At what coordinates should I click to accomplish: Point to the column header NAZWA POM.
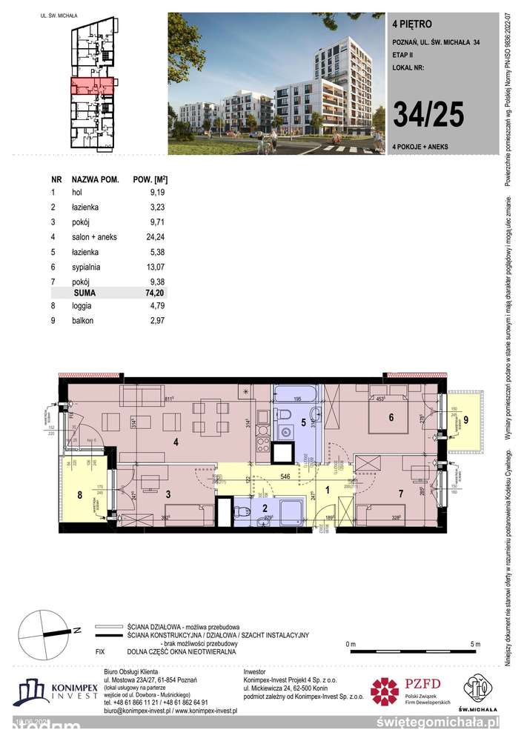96,179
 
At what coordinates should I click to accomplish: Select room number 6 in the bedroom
390,417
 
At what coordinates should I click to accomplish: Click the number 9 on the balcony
467,420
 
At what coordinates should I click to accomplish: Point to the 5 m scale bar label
474,644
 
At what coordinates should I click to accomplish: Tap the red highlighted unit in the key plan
93,87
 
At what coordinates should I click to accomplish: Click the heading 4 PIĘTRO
408,23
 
